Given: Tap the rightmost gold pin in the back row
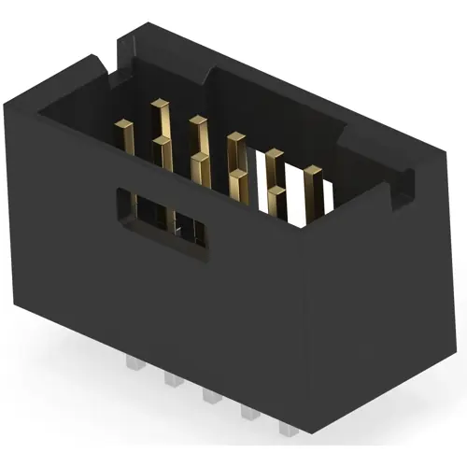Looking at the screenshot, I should point(313,187).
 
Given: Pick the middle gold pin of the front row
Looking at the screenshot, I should point(200,173).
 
